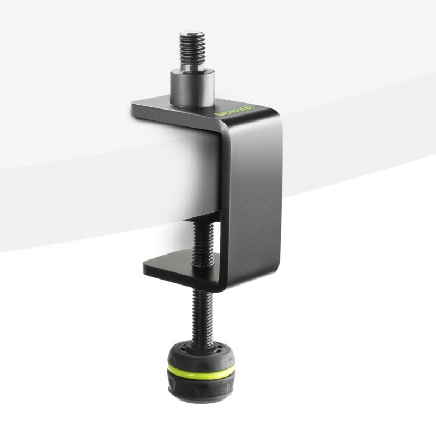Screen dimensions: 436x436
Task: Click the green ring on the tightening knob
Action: [202, 372]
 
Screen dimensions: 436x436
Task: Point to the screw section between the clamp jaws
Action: [201, 240]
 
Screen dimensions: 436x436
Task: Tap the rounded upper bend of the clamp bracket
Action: [272, 117]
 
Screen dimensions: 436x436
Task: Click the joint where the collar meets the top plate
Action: [192, 103]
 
